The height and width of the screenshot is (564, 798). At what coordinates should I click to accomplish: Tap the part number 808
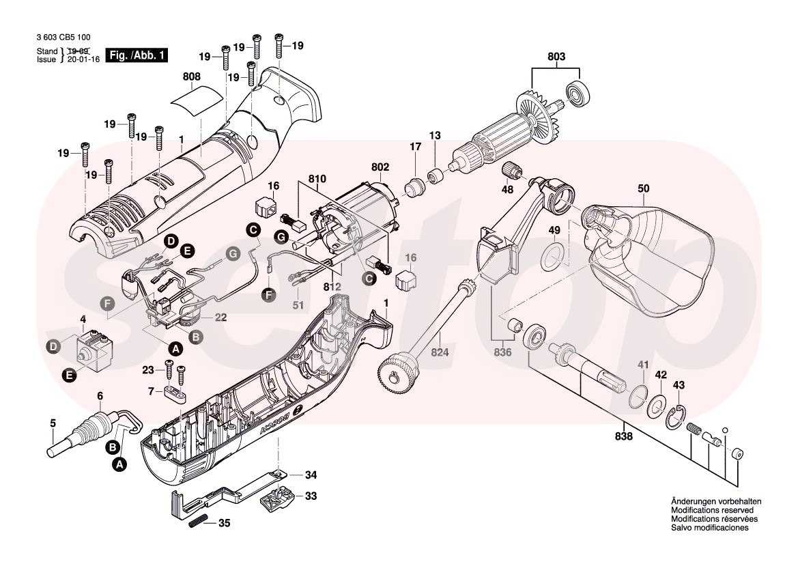point(192,77)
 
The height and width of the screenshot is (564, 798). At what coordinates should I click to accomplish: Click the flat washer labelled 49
point(554,256)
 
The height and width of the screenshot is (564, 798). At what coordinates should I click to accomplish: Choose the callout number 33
point(311,496)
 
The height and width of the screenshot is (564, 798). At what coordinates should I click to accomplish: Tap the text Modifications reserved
point(711,510)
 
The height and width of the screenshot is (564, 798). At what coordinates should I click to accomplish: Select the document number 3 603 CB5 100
point(63,38)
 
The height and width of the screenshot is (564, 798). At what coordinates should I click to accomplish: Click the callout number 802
point(380,166)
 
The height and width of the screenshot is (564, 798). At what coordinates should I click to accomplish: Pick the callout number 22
point(220,318)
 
